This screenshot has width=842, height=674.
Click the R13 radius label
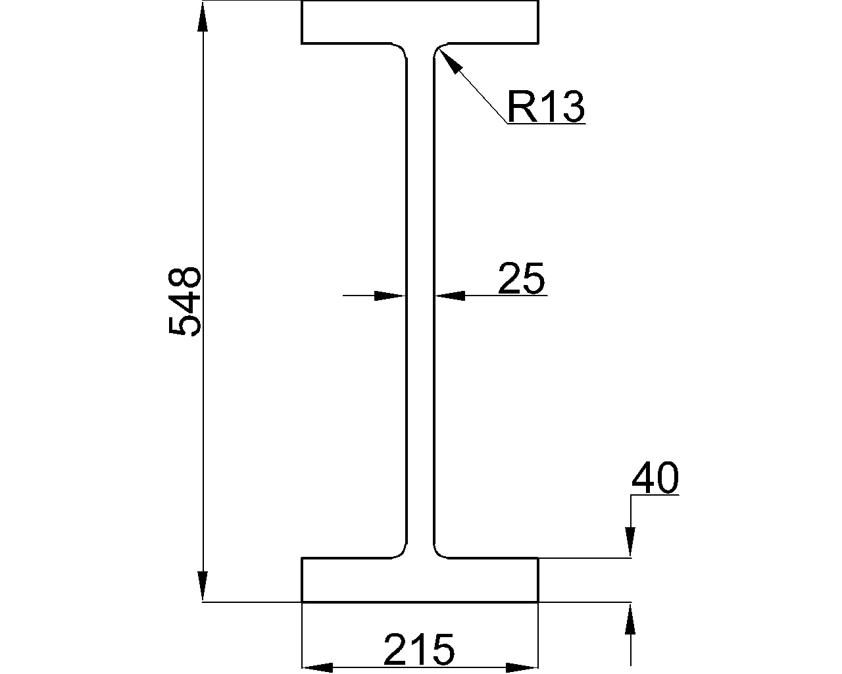pos(545,107)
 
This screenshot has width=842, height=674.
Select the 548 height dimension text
pos(185,301)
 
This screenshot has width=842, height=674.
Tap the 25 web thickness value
pos(521,278)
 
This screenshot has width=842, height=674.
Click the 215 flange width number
pos(419,650)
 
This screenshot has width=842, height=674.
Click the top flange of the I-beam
pos(420,22)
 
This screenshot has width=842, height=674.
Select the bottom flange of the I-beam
pos(420,580)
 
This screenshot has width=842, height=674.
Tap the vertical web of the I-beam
pos(420,296)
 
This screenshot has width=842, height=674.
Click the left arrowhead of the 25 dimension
pos(389,296)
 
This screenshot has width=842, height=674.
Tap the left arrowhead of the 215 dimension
pos(317,667)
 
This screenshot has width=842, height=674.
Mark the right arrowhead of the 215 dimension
pos(522,667)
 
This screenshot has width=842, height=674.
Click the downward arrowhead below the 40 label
pos(631,542)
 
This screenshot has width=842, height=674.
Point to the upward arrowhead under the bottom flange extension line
pos(631,618)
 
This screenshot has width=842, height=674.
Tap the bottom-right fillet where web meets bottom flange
pos(439,551)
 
